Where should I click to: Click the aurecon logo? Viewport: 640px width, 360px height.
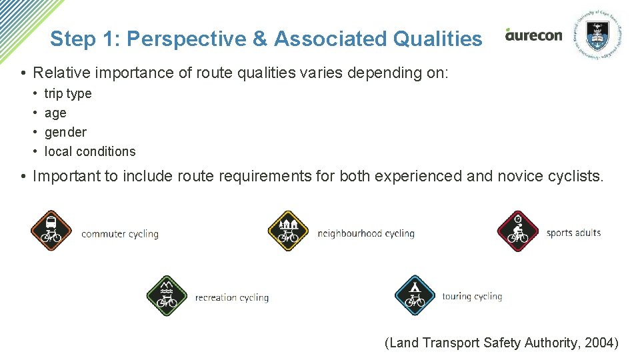point(533,35)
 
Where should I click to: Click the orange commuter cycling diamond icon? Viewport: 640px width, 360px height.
point(51,230)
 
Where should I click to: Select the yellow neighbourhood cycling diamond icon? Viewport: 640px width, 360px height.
point(288,231)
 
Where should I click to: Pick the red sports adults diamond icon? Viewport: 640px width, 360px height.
point(517,231)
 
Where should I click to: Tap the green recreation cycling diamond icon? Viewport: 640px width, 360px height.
point(167,295)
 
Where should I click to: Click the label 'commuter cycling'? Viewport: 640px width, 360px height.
point(120,234)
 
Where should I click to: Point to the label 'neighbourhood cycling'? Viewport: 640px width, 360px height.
point(366,233)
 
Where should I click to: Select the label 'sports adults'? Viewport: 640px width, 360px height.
point(573,233)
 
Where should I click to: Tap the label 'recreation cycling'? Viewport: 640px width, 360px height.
point(232,297)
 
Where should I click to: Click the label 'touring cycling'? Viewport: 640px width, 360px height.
point(472,296)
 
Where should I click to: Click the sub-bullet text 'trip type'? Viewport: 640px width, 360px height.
point(68,94)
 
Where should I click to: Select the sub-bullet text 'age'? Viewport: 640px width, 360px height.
point(55,113)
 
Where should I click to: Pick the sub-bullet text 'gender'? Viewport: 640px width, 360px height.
point(65,132)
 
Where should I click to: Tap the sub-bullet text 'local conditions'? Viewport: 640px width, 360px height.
point(90,151)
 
